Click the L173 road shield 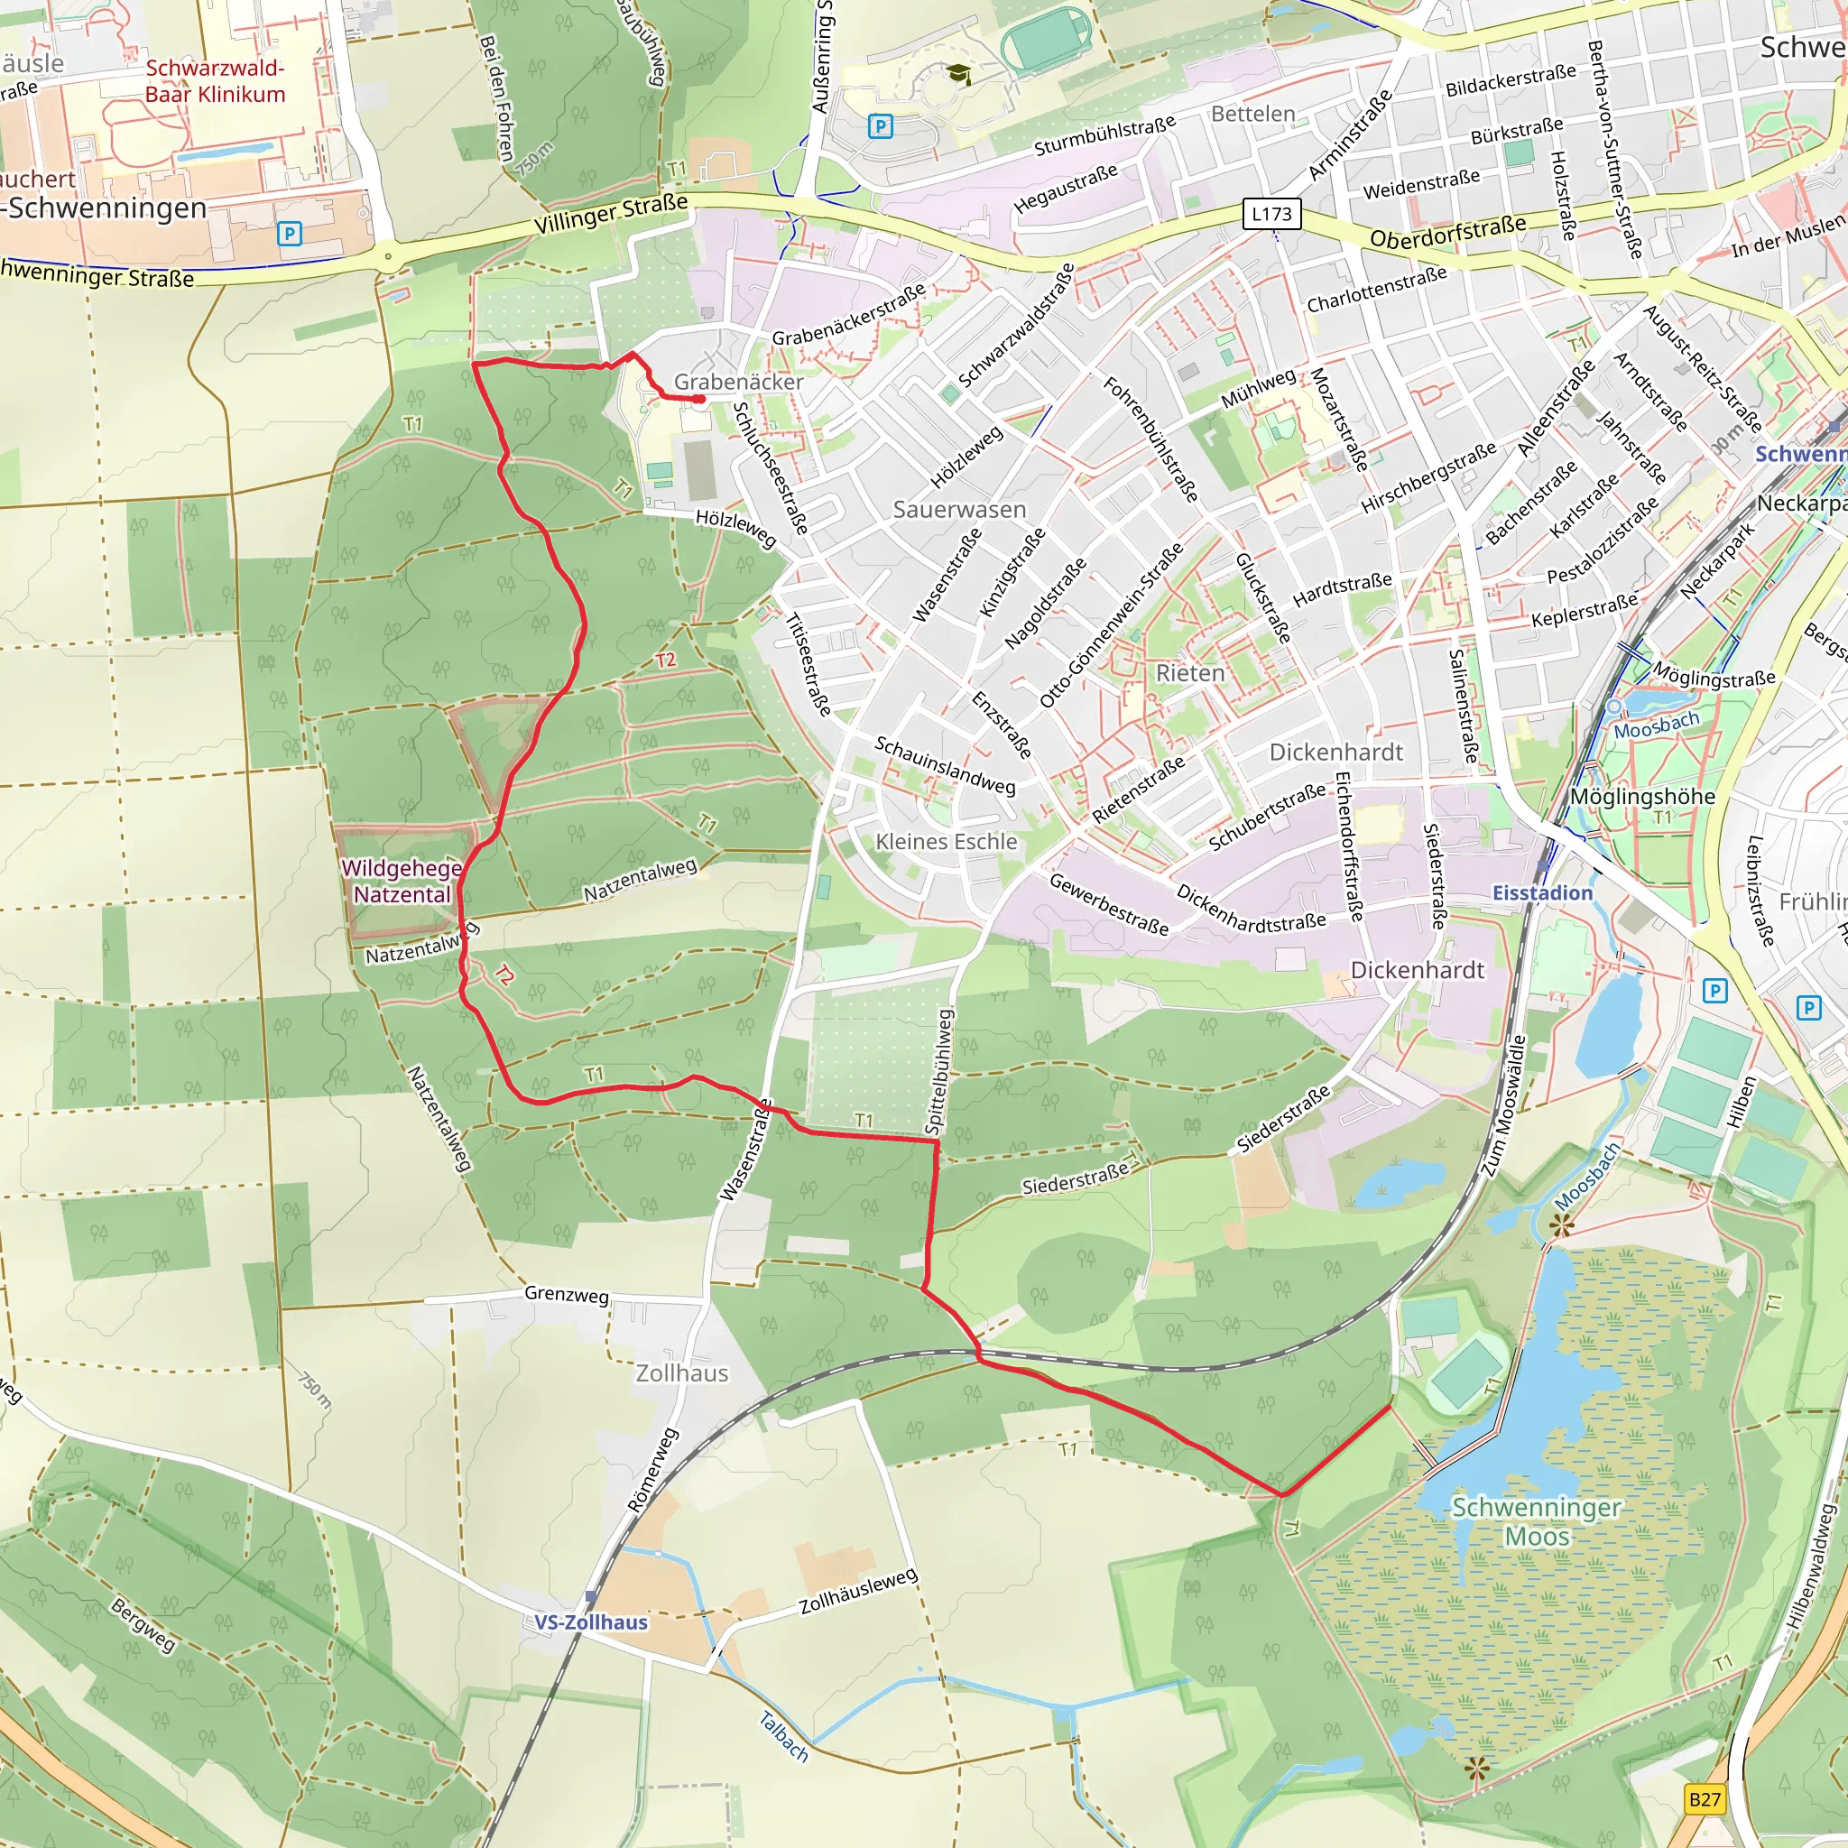(x=1271, y=214)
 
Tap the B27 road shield (x=1705, y=1799)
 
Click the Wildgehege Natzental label (x=402, y=881)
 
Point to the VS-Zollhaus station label (x=590, y=1622)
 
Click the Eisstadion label (x=1542, y=892)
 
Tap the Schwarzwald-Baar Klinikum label (x=216, y=81)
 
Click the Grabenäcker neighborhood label (x=738, y=382)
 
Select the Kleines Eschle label (x=946, y=842)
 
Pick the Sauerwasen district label (x=958, y=510)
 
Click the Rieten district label (x=1190, y=673)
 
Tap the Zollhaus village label (x=682, y=1373)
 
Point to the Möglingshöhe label (x=1642, y=797)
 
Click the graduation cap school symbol (x=957, y=74)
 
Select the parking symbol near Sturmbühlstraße (x=880, y=125)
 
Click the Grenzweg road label (x=567, y=1294)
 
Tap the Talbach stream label (x=783, y=1736)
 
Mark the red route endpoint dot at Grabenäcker (x=700, y=399)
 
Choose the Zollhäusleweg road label (x=858, y=1593)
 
